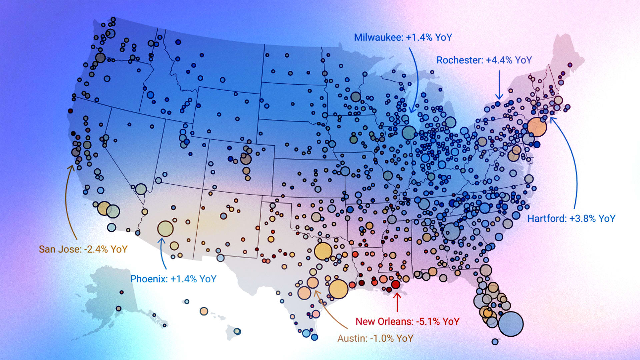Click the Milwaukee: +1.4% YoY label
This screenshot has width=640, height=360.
pyautogui.click(x=403, y=37)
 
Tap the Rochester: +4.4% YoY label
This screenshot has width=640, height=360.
pyautogui.click(x=484, y=60)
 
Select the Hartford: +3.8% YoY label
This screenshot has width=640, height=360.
pyautogui.click(x=571, y=219)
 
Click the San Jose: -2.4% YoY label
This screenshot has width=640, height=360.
pyautogui.click(x=83, y=249)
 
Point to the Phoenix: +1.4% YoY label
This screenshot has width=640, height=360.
pyautogui.click(x=173, y=279)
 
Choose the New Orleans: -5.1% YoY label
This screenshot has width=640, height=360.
pyautogui.click(x=407, y=322)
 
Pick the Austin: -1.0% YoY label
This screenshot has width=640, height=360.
pyautogui.click(x=375, y=339)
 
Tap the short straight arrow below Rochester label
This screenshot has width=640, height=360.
pyautogui.click(x=499, y=85)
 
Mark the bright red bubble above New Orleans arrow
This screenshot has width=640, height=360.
pyautogui.click(x=396, y=284)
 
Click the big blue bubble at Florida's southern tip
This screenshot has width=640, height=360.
pyautogui.click(x=511, y=324)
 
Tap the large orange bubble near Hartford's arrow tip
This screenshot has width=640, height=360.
pyautogui.click(x=537, y=127)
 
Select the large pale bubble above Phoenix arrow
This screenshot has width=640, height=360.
pyautogui.click(x=165, y=229)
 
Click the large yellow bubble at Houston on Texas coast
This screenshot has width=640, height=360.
pyautogui.click(x=338, y=289)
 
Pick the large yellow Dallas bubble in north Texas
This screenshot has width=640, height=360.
pyautogui.click(x=323, y=251)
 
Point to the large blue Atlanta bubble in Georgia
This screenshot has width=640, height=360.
pyautogui.click(x=451, y=231)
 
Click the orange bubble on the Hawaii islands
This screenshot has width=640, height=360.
pyautogui.click(x=204, y=311)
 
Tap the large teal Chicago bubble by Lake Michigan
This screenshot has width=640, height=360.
pyautogui.click(x=409, y=133)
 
